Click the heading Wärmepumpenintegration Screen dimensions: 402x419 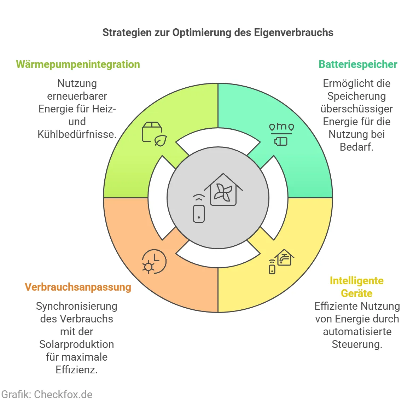78,64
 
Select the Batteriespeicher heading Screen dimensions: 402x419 358,64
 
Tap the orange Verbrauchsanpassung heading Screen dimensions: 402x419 78,287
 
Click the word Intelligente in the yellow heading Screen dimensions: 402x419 356,281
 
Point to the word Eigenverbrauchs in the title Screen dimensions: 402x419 293,33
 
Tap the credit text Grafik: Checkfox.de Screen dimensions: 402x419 47,394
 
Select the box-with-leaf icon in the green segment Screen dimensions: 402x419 154,134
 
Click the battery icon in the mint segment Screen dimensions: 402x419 281,141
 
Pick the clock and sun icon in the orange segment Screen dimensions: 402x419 154,262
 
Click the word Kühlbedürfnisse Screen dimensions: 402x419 77,134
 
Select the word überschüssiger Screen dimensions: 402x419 356,109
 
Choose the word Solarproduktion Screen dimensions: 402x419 77,344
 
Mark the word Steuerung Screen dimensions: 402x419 356,344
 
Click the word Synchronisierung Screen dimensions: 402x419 77,306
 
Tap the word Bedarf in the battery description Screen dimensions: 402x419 356,147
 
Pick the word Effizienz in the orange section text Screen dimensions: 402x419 76,370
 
